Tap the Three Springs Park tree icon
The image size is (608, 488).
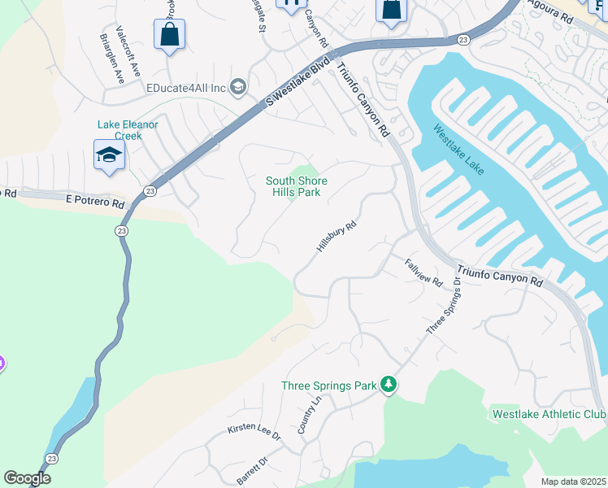389,384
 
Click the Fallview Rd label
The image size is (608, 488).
423,272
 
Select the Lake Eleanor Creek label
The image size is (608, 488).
128,130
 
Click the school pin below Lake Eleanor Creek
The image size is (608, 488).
109,156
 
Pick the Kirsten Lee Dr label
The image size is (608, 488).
254,432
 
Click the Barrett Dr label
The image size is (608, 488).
253,471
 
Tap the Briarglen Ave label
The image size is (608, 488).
111,59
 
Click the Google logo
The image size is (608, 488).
27,478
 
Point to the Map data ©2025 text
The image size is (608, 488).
573,481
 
